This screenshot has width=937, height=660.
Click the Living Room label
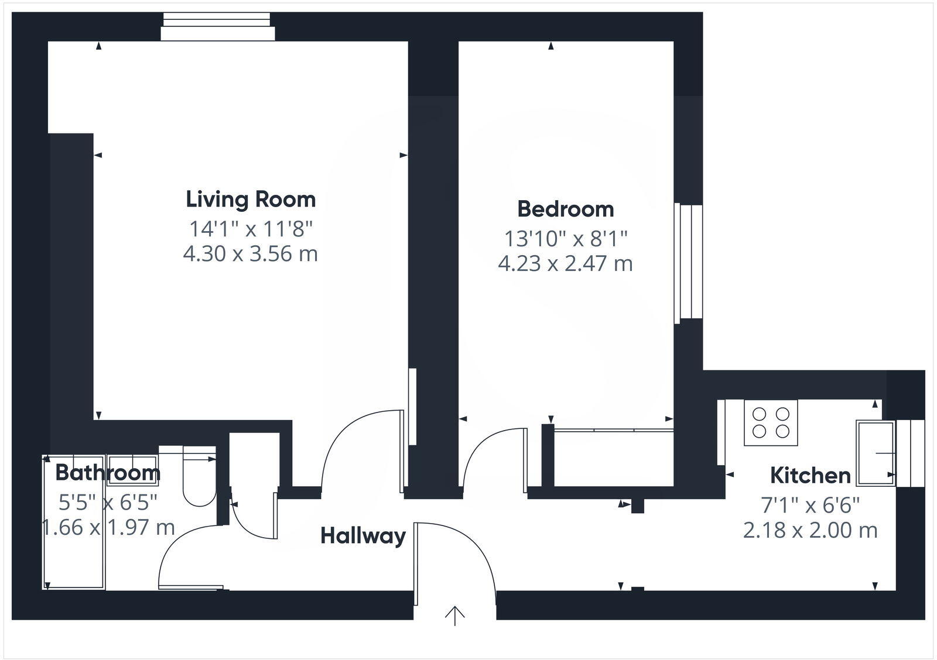(x=251, y=200)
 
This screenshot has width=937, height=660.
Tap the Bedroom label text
(x=565, y=209)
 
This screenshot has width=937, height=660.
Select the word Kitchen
(x=810, y=476)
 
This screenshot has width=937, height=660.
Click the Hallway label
(x=363, y=536)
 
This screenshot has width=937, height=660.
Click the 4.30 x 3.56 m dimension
(x=251, y=254)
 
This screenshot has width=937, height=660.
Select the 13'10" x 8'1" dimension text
(x=565, y=239)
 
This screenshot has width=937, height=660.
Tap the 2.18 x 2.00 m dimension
(x=810, y=531)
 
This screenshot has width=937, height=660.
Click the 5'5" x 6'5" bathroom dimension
(x=108, y=502)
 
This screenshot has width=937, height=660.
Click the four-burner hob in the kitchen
(x=771, y=423)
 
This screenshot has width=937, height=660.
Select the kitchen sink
(x=875, y=453)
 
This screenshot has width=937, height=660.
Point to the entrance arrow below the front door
(x=455, y=616)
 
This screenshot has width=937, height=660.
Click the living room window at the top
(x=218, y=27)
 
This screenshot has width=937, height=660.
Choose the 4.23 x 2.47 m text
(x=565, y=264)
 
